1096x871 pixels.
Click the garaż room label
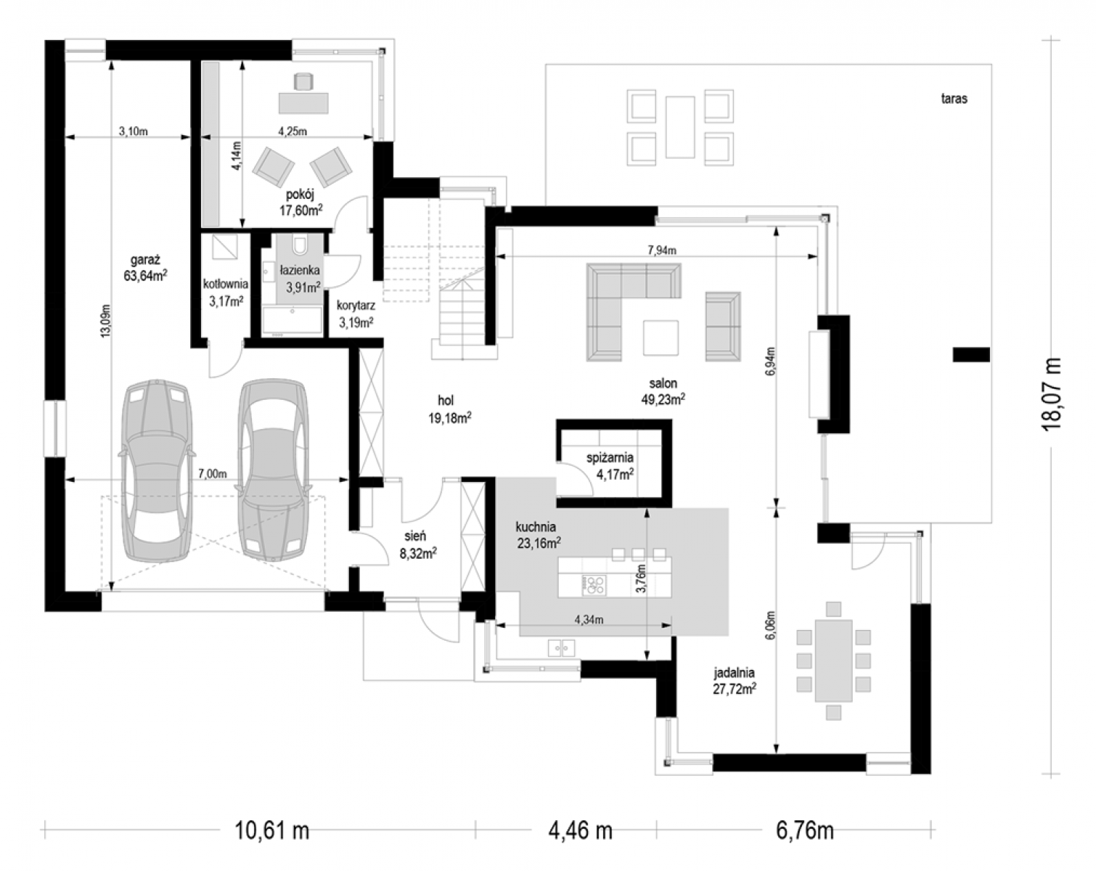click(x=145, y=261)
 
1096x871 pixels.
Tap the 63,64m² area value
click(x=145, y=276)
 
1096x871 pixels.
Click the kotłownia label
click(x=225, y=284)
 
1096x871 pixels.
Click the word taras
click(x=954, y=98)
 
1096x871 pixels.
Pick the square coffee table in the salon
click(x=661, y=338)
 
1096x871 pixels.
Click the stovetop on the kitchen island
click(x=594, y=584)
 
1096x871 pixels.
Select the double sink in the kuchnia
click(x=561, y=648)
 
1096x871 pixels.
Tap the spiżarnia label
click(x=610, y=457)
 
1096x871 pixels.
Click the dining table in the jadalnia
click(x=833, y=661)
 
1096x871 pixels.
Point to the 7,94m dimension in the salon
click(x=661, y=250)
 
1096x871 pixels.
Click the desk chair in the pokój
click(x=303, y=82)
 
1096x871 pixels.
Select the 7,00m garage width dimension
click(x=213, y=474)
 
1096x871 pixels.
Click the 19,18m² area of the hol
click(x=450, y=418)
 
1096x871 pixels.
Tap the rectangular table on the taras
click(x=680, y=127)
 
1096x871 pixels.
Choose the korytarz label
click(x=356, y=306)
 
